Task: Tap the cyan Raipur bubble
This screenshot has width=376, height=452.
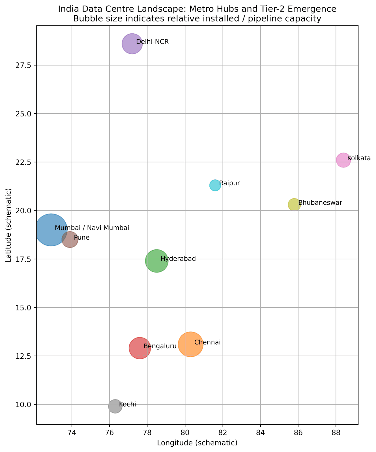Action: tap(215, 185)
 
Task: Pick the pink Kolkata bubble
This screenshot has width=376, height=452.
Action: tap(343, 160)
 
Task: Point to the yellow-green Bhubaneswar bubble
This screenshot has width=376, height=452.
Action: tap(294, 205)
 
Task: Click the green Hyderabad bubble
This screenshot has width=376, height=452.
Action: tap(156, 261)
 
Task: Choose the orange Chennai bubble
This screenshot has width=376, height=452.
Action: tap(190, 344)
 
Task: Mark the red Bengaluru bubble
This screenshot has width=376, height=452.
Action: tap(139, 348)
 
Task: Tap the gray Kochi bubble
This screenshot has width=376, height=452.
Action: tap(115, 406)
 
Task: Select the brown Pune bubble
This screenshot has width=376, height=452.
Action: tap(70, 239)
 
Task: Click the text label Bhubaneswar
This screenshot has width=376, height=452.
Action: tap(320, 203)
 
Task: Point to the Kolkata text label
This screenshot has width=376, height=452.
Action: tap(359, 158)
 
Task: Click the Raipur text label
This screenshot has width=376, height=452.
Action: tap(229, 183)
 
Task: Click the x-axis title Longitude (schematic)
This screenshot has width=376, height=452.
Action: tap(197, 443)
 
